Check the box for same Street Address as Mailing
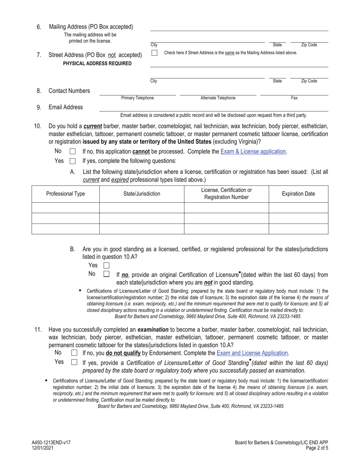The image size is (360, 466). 154,53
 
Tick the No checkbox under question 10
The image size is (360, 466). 73,152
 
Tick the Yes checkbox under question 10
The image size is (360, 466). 73,161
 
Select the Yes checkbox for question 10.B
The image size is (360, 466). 106,266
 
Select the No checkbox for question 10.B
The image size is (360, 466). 106,274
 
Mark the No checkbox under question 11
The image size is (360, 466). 74,353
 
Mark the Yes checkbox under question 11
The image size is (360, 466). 74,362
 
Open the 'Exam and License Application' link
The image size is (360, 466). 252,353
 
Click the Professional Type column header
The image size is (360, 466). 66,194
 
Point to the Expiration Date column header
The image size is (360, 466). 298,194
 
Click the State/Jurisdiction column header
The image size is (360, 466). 142,194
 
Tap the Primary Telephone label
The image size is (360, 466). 138,98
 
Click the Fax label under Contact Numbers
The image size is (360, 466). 294,98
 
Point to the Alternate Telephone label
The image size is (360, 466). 218,98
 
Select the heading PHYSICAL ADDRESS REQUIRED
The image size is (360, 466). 97,64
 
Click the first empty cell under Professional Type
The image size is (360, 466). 66,208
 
